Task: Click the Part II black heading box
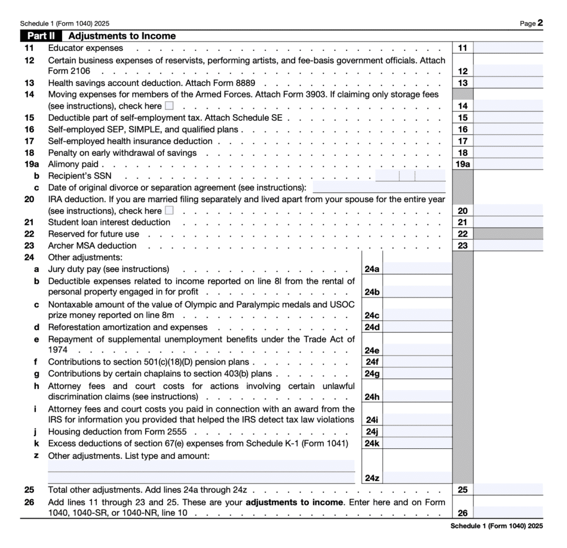pos(41,36)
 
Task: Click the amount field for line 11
pos(508,48)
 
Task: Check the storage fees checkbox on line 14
pos(169,106)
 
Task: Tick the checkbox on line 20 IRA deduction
pos(169,211)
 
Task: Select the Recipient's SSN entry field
pos(410,176)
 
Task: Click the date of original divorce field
pos(379,187)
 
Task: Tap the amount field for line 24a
pos(417,269)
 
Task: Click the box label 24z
pos(372,478)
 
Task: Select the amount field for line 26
pos(508,513)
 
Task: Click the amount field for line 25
pos(508,490)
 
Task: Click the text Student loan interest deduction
pos(109,222)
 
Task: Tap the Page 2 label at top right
pos(531,23)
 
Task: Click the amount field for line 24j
pos(417,432)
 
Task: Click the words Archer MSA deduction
pos(92,245)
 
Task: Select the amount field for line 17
pos(508,141)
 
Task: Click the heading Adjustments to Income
pos(122,36)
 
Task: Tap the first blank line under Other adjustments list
pos(202,465)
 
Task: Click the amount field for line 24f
pos(417,362)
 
